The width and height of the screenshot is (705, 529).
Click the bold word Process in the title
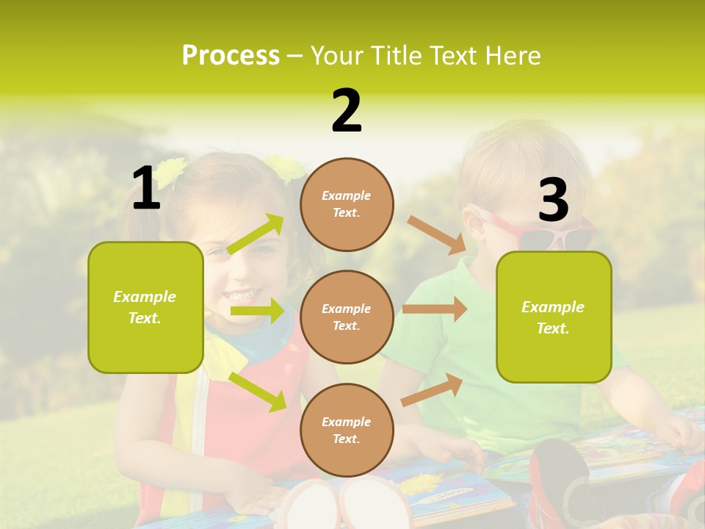point(231,56)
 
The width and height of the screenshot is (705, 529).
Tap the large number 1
point(146,189)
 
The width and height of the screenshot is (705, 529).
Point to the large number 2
point(347,111)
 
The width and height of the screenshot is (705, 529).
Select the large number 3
point(553,201)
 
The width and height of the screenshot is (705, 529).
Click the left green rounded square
point(145,307)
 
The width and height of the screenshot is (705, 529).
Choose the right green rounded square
point(554,317)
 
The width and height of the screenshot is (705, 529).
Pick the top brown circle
point(347,204)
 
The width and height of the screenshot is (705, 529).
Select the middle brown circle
point(347,317)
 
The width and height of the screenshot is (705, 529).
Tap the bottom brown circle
point(347,430)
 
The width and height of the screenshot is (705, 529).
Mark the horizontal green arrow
point(257,311)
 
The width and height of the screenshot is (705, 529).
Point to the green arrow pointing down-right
point(258,392)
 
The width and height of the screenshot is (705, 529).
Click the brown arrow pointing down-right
point(437,235)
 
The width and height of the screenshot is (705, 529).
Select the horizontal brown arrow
point(435,309)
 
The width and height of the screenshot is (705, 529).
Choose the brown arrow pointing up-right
point(432,389)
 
